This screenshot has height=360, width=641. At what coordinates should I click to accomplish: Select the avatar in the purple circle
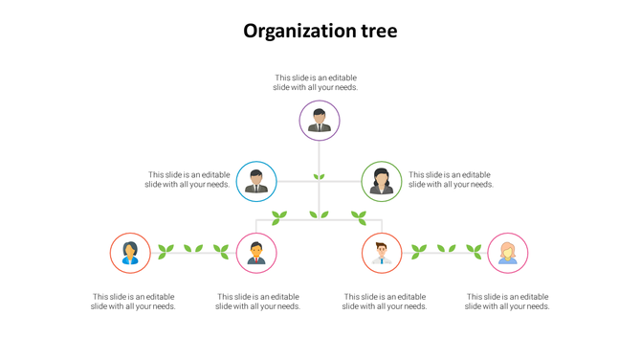(320, 121)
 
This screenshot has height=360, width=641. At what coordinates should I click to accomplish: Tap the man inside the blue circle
(256, 181)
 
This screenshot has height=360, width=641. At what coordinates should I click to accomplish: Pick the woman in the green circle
(382, 181)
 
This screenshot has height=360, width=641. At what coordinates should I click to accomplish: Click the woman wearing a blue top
(130, 253)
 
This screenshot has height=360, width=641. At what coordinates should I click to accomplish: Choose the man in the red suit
(256, 253)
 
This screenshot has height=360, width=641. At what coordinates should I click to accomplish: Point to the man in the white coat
(382, 253)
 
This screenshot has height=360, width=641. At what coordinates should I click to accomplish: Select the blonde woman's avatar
(508, 253)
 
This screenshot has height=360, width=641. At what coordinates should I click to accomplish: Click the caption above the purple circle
(316, 82)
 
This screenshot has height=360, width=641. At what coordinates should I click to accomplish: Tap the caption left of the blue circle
(188, 179)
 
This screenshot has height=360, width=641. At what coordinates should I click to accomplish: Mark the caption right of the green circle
(450, 179)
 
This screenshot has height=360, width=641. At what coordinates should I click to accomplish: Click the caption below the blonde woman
(507, 302)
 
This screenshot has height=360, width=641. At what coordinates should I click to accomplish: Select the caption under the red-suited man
(257, 302)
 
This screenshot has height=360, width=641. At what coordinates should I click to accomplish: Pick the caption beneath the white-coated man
(385, 302)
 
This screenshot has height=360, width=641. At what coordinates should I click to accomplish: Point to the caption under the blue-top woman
(133, 302)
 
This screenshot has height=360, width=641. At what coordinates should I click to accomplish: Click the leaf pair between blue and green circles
(320, 177)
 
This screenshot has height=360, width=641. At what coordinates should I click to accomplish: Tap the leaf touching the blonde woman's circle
(475, 252)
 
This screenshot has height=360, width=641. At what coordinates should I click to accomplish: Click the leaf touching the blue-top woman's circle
(166, 252)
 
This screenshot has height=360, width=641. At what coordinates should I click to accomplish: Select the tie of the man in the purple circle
(320, 125)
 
